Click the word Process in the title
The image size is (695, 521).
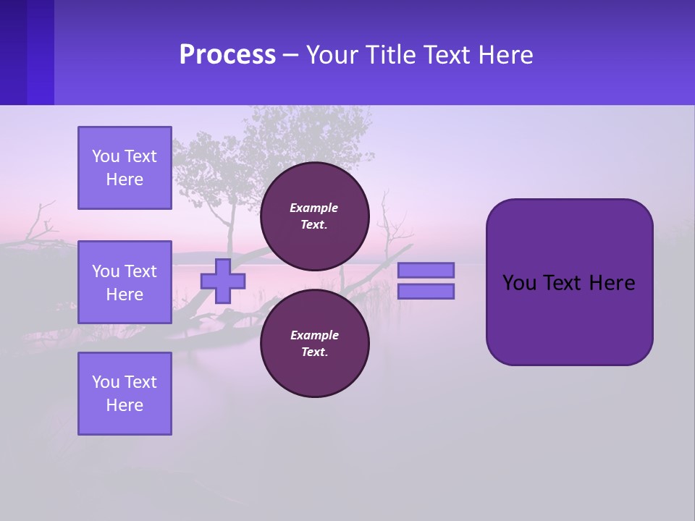[x=227, y=55]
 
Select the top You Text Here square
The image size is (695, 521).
[x=125, y=168]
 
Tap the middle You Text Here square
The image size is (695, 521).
[x=125, y=282]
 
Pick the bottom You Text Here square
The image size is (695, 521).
[x=125, y=394]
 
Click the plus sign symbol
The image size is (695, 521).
[x=223, y=281]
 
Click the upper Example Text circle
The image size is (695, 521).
[x=314, y=216]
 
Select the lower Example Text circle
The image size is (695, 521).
[x=314, y=344]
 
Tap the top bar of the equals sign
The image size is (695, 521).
[x=426, y=270]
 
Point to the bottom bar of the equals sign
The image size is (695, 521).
[x=426, y=292]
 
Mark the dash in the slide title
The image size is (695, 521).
[x=290, y=55]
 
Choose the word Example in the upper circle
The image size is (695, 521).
[x=313, y=208]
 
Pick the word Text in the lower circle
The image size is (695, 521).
[x=313, y=352]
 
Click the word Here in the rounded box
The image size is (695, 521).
[x=612, y=283]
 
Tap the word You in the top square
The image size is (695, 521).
[x=106, y=156]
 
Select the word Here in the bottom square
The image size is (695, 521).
[x=125, y=405]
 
